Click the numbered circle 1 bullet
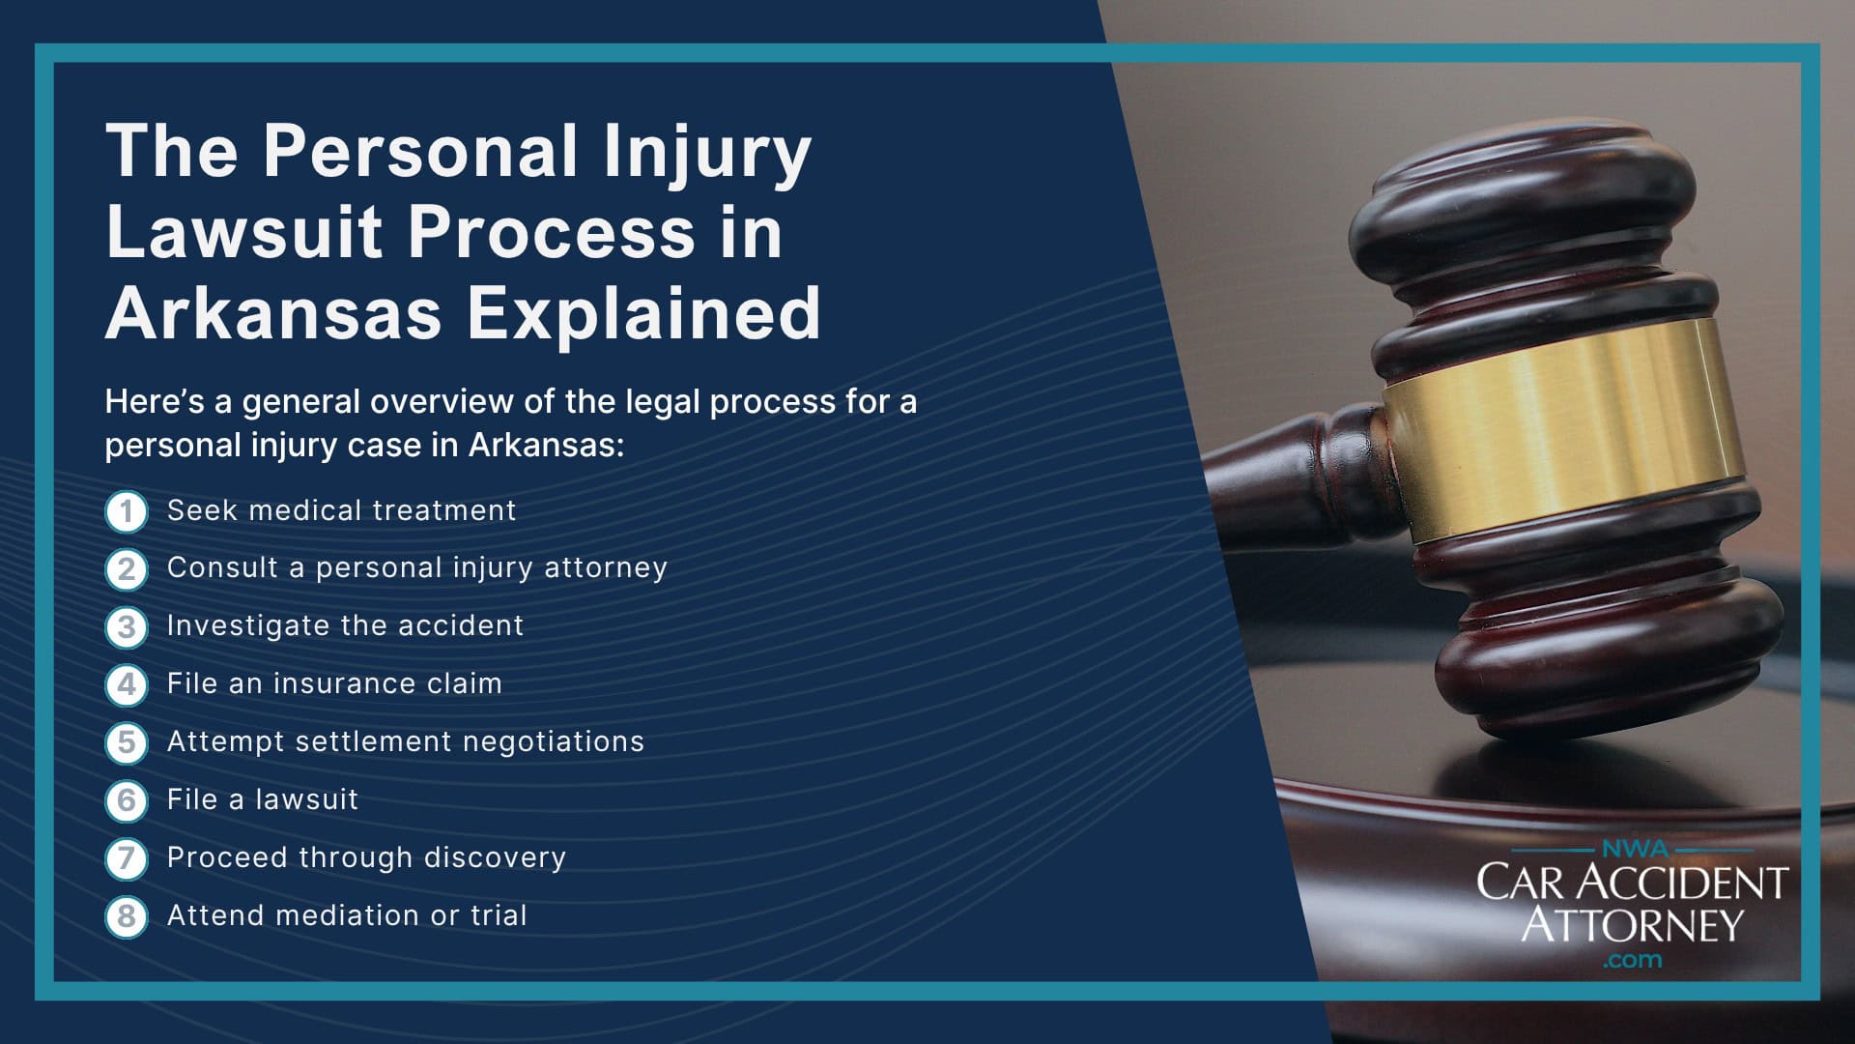(x=126, y=511)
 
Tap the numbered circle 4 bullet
(x=126, y=684)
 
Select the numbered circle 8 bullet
(x=126, y=916)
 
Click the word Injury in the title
(x=706, y=153)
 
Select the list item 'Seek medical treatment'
(x=341, y=510)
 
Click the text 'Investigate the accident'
(x=345, y=625)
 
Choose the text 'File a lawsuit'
(x=262, y=799)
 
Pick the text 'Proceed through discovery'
(x=366, y=857)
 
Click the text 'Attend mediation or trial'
(x=347, y=915)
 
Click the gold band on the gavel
(x=1565, y=425)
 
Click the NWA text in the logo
(x=1634, y=850)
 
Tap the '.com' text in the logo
(x=1632, y=961)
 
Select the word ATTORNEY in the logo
(x=1632, y=924)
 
